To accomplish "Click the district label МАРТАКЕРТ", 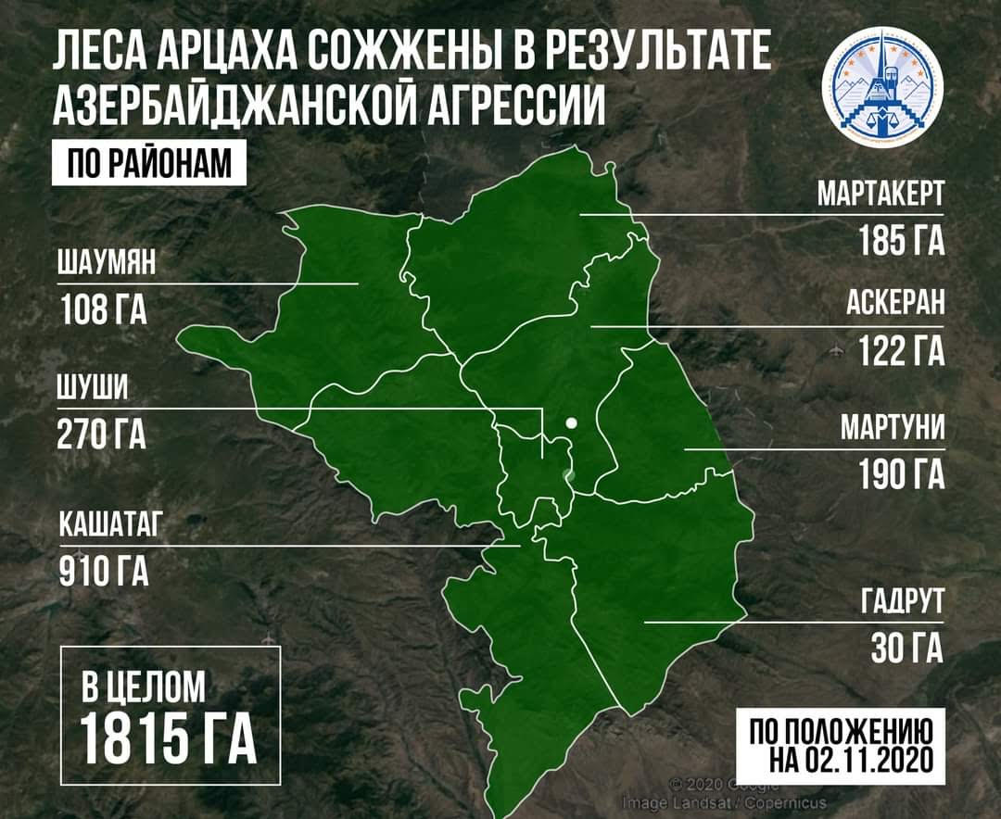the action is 880,195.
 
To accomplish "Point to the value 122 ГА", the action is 901,351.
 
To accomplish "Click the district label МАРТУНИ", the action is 892,428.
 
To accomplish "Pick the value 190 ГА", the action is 901,473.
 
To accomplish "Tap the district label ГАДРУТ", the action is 901,602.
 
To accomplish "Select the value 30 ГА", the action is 906,648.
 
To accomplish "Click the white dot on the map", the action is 572,423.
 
